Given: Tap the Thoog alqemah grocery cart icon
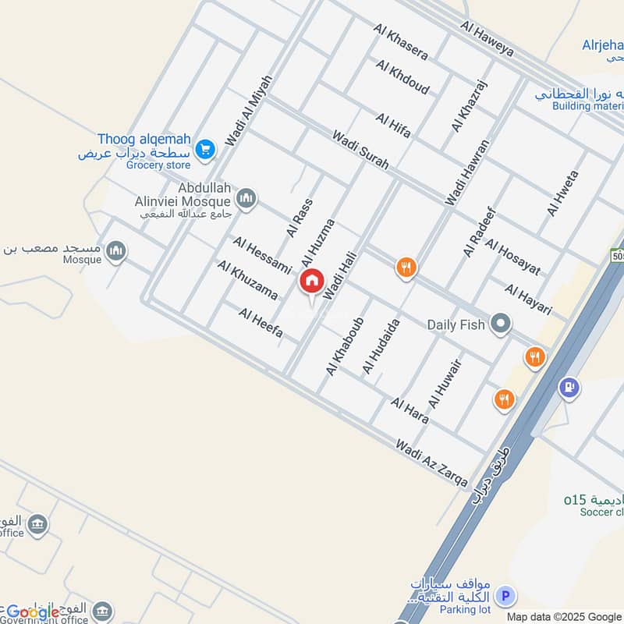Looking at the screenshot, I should pyautogui.click(x=205, y=147).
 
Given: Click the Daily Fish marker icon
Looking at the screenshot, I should pyautogui.click(x=500, y=323).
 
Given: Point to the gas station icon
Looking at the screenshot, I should pyautogui.click(x=569, y=386).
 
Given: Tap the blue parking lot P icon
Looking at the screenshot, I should pyautogui.click(x=506, y=596).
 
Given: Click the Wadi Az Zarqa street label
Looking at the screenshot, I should pyautogui.click(x=431, y=463).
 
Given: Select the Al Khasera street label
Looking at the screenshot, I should pyautogui.click(x=401, y=42).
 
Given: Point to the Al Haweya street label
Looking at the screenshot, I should pyautogui.click(x=487, y=38).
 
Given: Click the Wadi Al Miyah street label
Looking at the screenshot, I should pyautogui.click(x=249, y=110).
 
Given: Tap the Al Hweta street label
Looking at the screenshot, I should pyautogui.click(x=563, y=193).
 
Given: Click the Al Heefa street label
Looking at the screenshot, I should pyautogui.click(x=261, y=324).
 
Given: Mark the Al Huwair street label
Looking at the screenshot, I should pyautogui.click(x=445, y=385).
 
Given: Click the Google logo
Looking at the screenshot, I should pyautogui.click(x=33, y=612).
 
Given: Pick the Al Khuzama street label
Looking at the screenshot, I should pyautogui.click(x=248, y=281).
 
